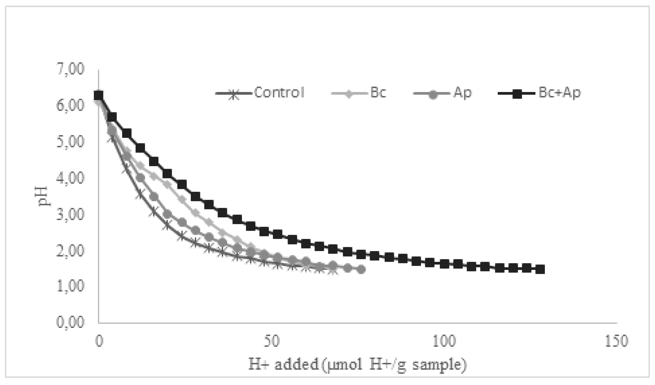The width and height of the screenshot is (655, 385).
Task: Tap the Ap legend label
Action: [x=462, y=93]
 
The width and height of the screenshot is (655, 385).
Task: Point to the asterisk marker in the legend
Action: [x=234, y=94]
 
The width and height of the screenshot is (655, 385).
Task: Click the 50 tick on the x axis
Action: [x=271, y=341]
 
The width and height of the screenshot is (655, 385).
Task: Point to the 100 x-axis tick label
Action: [x=444, y=341]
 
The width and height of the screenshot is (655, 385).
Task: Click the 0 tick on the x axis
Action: [x=99, y=341]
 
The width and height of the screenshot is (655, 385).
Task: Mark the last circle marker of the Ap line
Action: [x=361, y=270]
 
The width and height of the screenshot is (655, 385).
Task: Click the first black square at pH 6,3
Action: [x=98, y=95]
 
